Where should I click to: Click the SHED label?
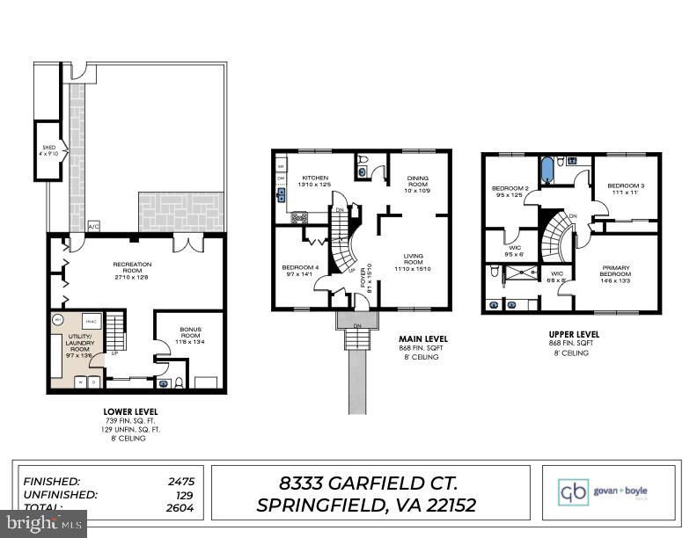pyautogui.click(x=45, y=148)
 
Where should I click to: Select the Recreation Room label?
pyautogui.click(x=132, y=264)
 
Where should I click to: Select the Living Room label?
pyautogui.click(x=413, y=260)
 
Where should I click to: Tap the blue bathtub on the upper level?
pyautogui.click(x=547, y=167)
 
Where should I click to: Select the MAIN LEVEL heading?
pyautogui.click(x=422, y=338)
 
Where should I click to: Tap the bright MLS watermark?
pyautogui.click(x=44, y=524)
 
